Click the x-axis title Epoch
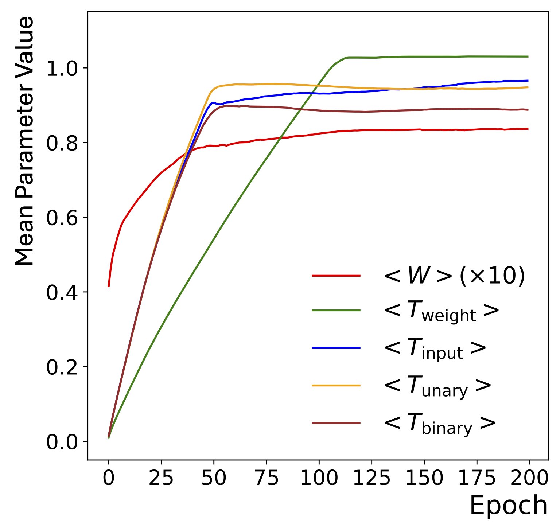tap(508, 506)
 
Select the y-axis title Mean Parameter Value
tap(25, 141)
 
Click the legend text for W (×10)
tap(454, 276)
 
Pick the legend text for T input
tap(435, 348)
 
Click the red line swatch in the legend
tap(336, 276)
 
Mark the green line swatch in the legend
tap(336, 310)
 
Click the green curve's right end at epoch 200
tap(528, 56)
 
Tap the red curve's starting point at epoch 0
tap(109, 286)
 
